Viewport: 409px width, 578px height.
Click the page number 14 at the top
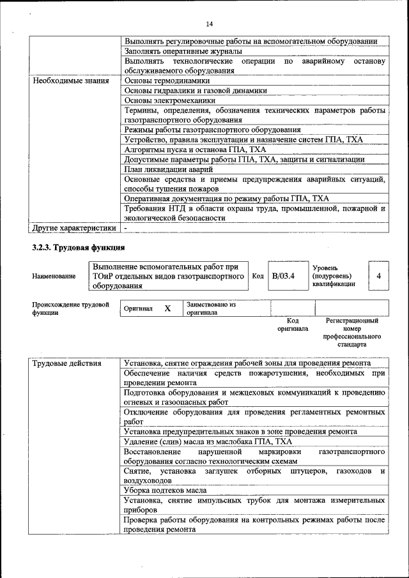[x=209, y=24]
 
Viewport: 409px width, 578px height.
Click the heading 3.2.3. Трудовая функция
[x=78, y=247]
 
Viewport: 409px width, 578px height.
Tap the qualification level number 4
[x=379, y=276]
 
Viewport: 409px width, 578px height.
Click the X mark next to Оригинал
[x=167, y=308]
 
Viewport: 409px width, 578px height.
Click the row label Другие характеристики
[x=74, y=227]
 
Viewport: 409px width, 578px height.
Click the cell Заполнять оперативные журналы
[x=183, y=51]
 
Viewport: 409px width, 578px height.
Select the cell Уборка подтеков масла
[x=165, y=490]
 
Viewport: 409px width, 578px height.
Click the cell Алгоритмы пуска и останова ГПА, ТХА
[x=185, y=149]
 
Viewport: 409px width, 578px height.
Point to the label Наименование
[x=53, y=277]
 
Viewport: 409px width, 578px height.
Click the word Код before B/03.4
[x=258, y=276]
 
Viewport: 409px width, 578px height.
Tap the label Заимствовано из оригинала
[x=211, y=308]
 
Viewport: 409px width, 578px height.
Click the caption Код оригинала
[x=293, y=324]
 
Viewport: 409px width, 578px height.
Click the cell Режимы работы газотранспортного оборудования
[x=212, y=130]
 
